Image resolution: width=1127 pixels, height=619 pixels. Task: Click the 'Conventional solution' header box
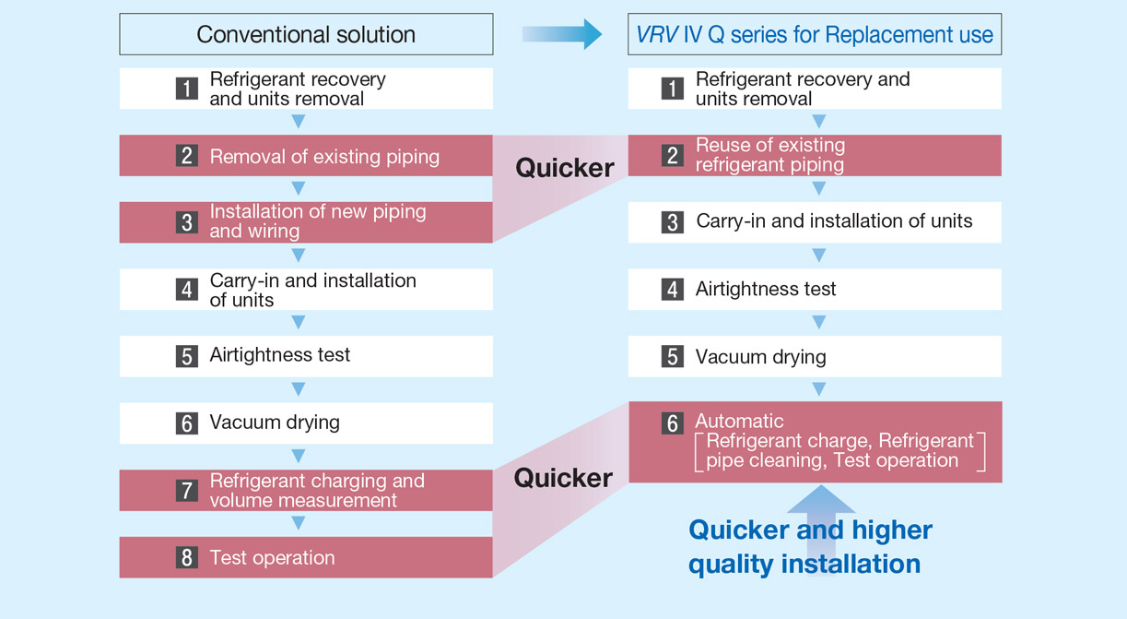(306, 34)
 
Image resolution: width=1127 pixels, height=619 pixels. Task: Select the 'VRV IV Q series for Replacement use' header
(815, 34)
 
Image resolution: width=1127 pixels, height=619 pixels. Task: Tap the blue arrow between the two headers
(562, 34)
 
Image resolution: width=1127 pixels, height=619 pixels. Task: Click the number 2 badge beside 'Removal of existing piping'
(187, 156)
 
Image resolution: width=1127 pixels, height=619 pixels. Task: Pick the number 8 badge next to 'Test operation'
(187, 557)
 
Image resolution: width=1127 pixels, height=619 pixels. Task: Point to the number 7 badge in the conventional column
(187, 491)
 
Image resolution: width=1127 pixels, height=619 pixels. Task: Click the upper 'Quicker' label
(565, 168)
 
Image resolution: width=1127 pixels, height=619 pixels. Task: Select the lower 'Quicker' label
(563, 478)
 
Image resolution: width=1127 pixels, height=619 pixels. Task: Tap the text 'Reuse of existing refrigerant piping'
(769, 155)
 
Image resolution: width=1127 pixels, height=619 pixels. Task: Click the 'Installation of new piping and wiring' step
(306, 222)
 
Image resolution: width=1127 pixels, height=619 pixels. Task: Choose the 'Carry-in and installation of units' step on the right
(815, 222)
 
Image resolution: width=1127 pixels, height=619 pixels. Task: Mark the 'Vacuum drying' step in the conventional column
(306, 423)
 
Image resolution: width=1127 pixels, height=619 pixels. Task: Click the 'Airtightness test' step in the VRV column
(815, 289)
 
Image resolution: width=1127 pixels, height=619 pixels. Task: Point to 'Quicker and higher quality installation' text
(810, 547)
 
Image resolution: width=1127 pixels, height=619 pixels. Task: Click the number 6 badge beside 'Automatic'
(672, 423)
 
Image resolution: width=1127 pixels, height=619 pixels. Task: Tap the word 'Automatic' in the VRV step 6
(739, 421)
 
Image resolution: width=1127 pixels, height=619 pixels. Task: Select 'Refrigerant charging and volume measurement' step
(306, 491)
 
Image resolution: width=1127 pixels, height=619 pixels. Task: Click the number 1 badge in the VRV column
(672, 89)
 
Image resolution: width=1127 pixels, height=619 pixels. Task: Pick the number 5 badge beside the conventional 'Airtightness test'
(187, 356)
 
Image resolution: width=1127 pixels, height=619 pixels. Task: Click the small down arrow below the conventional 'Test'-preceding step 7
(299, 523)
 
